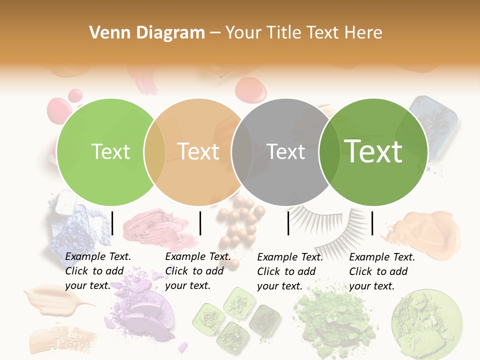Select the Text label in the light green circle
[x=110, y=151]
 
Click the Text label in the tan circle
[x=198, y=151]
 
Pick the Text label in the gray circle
[x=286, y=151]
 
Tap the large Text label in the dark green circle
[x=373, y=151]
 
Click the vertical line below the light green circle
[x=112, y=223]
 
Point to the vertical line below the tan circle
[x=200, y=223]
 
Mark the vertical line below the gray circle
[x=288, y=223]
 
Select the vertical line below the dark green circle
[x=372, y=223]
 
